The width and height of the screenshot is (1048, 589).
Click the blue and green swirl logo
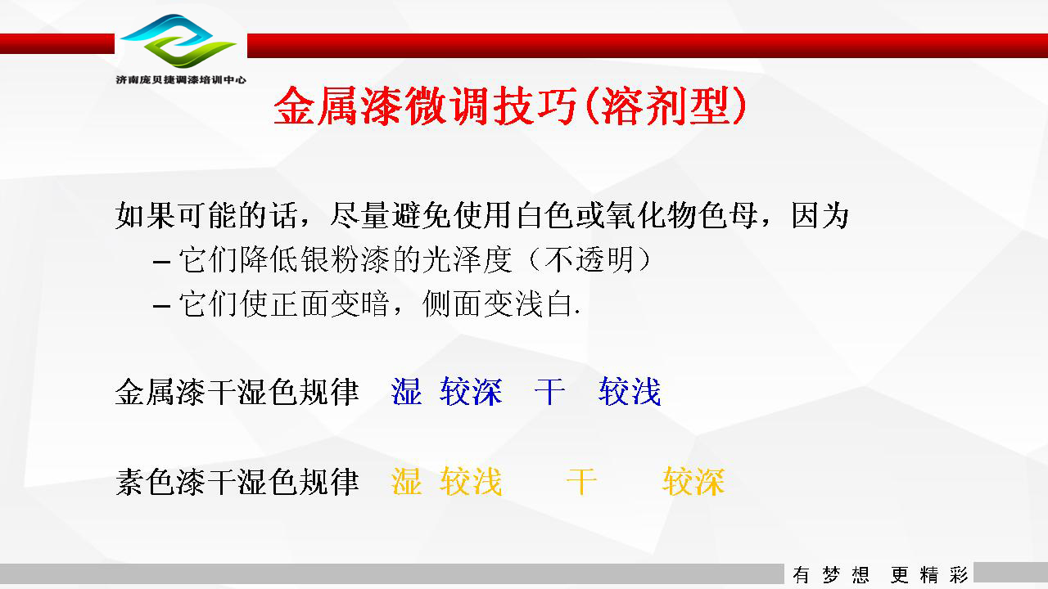point(178,41)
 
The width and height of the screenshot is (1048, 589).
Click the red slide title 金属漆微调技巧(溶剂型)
point(510,106)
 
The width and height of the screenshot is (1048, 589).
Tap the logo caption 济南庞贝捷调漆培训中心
point(181,80)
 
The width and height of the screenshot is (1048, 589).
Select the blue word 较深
point(471,391)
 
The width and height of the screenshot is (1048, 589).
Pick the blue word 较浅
point(630,391)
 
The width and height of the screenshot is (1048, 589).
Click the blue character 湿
point(407,391)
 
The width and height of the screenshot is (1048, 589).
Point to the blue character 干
point(549,391)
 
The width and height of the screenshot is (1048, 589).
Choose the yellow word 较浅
point(471,481)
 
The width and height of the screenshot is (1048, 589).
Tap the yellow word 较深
point(693,481)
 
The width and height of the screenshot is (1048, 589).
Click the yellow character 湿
point(407,481)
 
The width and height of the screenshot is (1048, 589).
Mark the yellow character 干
point(581,481)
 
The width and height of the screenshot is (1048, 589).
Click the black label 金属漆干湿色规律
point(237,392)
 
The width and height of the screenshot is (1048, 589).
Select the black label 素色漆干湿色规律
point(237,482)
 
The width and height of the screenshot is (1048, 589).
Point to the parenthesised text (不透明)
point(589,259)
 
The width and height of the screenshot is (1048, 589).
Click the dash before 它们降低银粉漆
point(161,263)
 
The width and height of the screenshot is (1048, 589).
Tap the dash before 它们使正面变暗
point(161,307)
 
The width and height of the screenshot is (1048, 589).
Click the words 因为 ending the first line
point(820,215)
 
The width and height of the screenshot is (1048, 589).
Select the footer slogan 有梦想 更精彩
point(880,574)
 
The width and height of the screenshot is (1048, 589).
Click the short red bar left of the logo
point(57,43)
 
